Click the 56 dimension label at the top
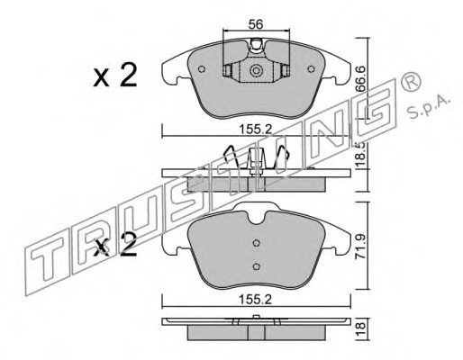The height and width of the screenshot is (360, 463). tap(256, 24)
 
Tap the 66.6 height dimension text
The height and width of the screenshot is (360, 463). tap(360, 78)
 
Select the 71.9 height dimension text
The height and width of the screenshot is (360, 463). tap(360, 247)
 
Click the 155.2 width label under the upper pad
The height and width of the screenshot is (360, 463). tap(256, 130)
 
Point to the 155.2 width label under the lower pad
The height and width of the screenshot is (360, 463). tap(256, 300)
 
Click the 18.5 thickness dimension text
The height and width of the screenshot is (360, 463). tap(360, 154)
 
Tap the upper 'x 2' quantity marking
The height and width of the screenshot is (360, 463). tap(115, 75)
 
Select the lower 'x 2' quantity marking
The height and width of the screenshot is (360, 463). tap(115, 245)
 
